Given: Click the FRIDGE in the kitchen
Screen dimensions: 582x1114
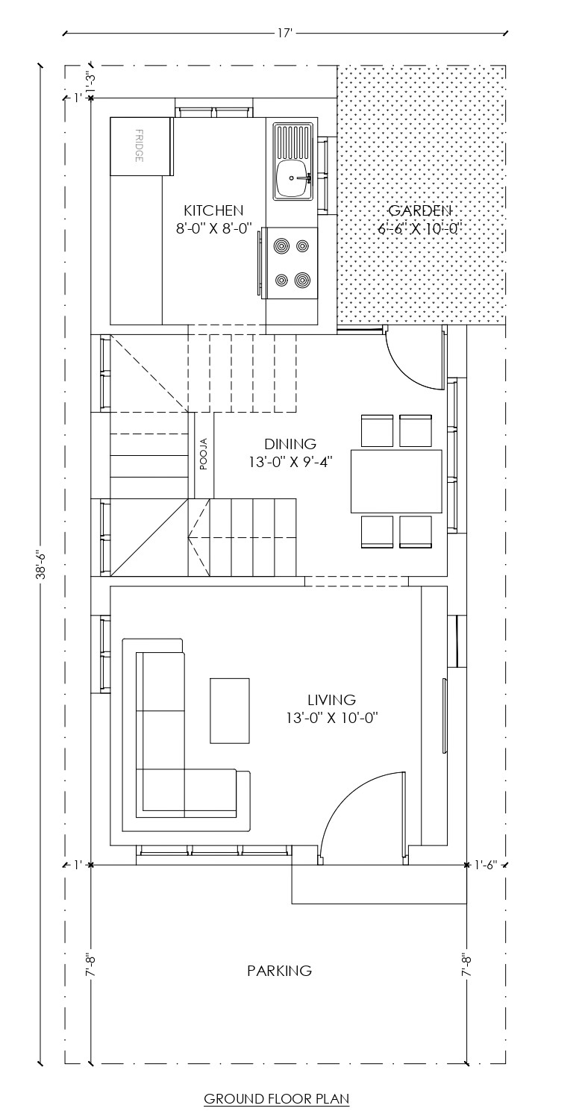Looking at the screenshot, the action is point(142,146).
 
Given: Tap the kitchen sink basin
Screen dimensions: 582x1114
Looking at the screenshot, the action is point(293,178).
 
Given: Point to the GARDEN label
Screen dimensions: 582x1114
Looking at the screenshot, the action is point(419,210).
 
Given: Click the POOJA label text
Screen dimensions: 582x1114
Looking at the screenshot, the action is point(204,454).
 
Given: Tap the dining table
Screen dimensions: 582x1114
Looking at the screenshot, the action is point(396,481).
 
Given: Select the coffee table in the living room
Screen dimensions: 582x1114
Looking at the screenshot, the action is point(230,710).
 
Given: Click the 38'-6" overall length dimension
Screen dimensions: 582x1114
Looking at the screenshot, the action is point(42,566).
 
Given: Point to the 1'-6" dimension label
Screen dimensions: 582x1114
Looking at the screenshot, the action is point(486,864).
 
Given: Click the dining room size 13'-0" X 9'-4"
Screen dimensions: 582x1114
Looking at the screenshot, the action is point(290,462).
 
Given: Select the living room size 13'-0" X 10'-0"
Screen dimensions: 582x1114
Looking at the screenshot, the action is point(332,718).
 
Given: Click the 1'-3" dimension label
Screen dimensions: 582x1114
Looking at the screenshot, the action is point(90,81).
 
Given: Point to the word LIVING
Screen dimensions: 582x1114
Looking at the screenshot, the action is point(332,700).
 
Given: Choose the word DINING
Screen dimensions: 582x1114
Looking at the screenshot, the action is point(290,444).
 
